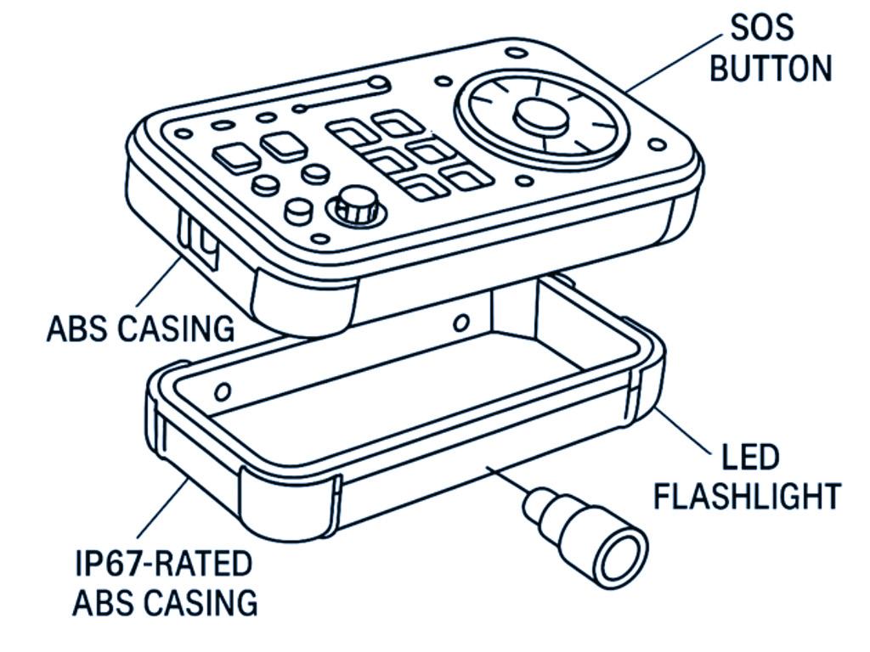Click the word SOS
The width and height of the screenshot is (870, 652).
click(x=762, y=28)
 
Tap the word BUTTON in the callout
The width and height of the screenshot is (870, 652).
click(x=771, y=68)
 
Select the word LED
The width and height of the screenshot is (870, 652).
click(x=750, y=458)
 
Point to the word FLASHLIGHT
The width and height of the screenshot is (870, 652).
click(x=747, y=495)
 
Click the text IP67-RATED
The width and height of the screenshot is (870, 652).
click(x=162, y=565)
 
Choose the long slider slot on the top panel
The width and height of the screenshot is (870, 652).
click(x=341, y=96)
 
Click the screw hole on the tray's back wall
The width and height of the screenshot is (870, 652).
click(x=461, y=323)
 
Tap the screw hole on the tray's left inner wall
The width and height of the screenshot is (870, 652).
click(x=223, y=391)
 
